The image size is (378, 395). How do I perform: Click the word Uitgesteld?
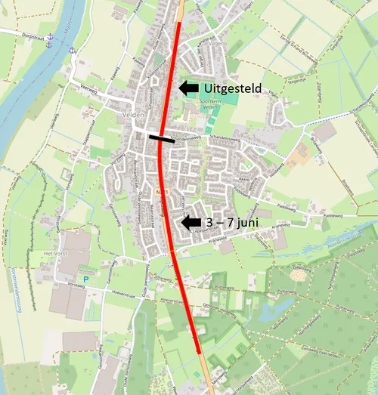233,89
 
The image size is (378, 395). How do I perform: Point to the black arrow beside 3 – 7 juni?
191,222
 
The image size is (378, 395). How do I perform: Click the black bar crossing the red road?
161,138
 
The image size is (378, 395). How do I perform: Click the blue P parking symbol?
85,279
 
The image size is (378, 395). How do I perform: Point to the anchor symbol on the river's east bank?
73,50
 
